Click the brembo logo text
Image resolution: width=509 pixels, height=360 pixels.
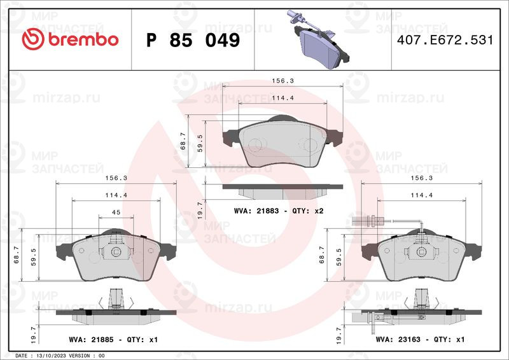tap(83, 39)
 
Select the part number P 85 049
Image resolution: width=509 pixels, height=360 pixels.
tap(193, 40)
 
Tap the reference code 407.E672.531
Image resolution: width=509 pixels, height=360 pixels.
tap(445, 40)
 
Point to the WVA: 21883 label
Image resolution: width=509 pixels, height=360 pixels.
tap(256, 211)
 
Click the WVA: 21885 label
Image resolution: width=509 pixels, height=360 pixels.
tap(91, 340)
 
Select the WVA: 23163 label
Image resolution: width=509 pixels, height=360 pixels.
tap(398, 340)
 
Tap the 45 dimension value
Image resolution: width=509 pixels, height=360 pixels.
tap(116, 212)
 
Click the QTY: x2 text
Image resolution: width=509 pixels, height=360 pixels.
tap(308, 211)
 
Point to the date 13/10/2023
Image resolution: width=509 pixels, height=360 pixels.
tap(47, 356)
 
